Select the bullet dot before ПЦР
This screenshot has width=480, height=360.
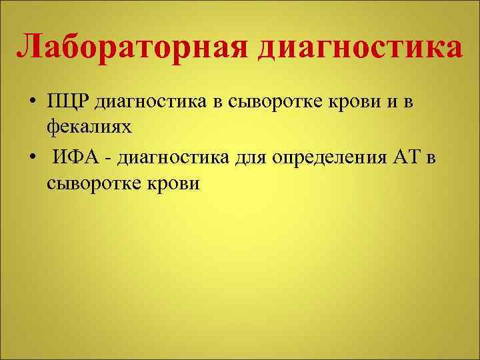click(x=32, y=103)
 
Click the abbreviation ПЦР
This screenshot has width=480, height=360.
click(x=68, y=102)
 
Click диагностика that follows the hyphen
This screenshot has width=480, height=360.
click(x=176, y=158)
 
